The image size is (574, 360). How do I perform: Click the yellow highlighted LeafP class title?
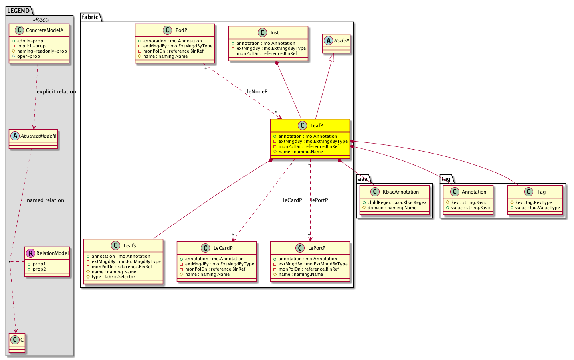[317, 126]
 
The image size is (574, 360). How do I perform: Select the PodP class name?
[181, 30]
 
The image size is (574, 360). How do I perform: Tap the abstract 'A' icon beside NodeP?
[328, 40]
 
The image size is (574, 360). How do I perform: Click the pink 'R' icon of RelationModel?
[30, 253]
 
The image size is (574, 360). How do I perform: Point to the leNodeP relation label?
[257, 91]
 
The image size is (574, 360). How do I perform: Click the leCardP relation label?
[292, 200]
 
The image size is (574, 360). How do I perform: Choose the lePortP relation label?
[319, 200]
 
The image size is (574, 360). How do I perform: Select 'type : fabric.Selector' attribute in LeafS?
[113, 277]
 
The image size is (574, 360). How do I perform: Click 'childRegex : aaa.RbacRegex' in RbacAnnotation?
[397, 202]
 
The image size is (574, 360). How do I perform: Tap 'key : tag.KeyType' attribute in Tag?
[534, 202]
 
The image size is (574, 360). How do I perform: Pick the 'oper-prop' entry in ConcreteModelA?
[28, 56]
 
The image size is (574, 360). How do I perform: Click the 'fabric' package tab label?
[90, 17]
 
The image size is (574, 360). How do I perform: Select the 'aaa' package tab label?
[362, 179]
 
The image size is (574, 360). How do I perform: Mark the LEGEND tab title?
[18, 11]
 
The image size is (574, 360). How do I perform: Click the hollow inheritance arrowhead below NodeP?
[332, 57]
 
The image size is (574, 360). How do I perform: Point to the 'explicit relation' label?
[56, 92]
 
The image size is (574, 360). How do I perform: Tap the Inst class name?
[275, 33]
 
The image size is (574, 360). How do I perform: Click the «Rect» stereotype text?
[41, 20]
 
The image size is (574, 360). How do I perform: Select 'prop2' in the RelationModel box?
[39, 269]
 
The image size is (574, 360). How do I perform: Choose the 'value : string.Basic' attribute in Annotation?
[471, 208]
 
